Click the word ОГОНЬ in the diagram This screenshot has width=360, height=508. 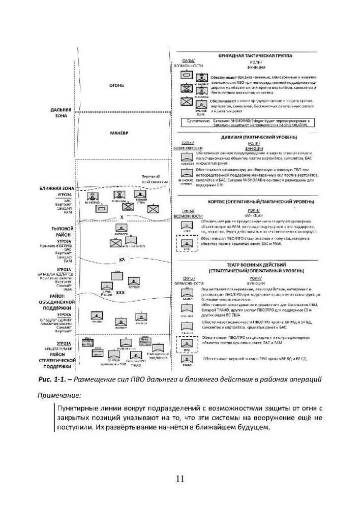(117, 85)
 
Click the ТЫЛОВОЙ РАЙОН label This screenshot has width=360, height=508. (63, 232)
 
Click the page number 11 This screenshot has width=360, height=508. (180, 478)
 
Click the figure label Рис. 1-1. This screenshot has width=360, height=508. (51, 379)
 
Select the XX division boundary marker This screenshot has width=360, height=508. (122, 260)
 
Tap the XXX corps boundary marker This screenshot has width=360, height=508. (121, 293)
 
